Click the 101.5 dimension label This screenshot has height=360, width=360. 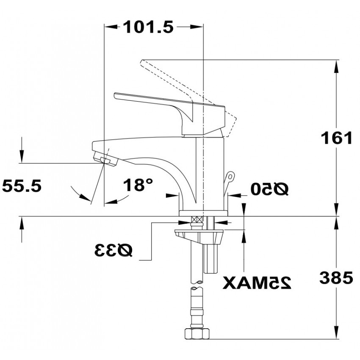click(148, 27)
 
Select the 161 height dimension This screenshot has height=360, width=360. click(336, 138)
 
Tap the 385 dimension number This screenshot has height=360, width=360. click(336, 277)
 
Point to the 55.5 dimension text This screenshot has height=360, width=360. click(22, 186)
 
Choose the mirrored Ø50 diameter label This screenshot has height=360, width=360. click(269, 189)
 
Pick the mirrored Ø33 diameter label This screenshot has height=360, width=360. click(114, 250)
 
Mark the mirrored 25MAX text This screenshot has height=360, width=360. click(257, 282)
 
